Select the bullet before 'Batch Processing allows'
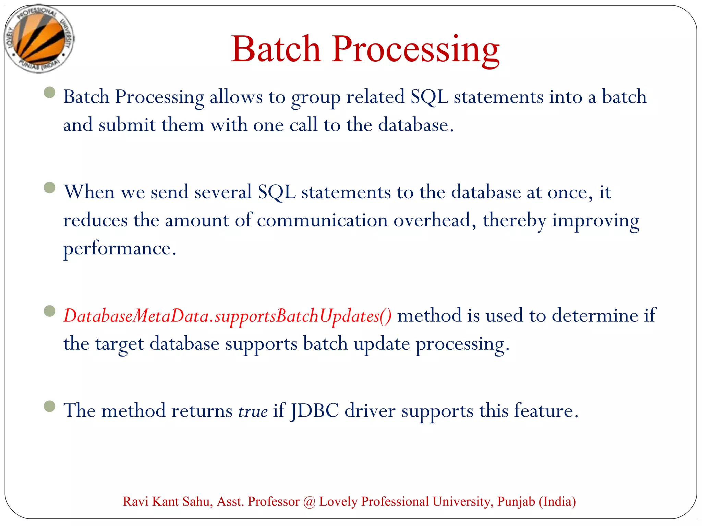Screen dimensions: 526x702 tap(50, 92)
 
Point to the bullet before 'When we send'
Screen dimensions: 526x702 tap(50, 188)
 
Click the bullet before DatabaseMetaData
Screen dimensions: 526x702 tap(50, 311)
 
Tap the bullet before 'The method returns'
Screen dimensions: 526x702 tap(50, 406)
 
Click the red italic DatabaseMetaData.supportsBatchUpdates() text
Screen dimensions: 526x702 tap(227, 316)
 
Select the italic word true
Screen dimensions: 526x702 tap(253, 411)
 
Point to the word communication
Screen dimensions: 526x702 tap(322, 220)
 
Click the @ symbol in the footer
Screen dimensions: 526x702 tap(309, 502)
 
